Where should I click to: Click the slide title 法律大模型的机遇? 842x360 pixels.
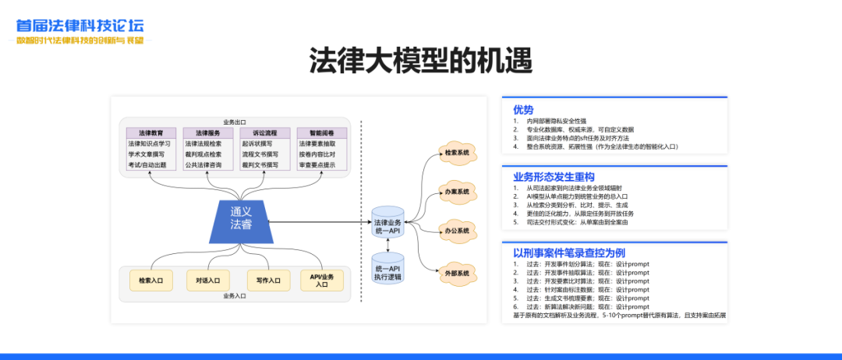[420, 60]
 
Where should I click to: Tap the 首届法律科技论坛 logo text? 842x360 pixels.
[80, 25]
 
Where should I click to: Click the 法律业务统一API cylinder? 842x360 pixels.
[387, 222]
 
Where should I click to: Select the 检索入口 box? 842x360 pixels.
[150, 280]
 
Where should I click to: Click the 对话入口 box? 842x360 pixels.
[208, 280]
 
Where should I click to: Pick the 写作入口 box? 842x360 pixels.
[264, 280]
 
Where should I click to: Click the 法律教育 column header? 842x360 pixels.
[150, 133]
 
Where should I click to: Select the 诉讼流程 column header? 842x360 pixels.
[264, 133]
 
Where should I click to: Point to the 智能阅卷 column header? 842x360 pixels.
[320, 133]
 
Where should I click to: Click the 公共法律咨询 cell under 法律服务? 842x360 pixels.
[207, 165]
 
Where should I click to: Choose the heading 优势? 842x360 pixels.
[523, 109]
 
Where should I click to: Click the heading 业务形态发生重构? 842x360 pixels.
[554, 177]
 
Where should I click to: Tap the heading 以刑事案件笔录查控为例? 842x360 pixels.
[569, 252]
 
